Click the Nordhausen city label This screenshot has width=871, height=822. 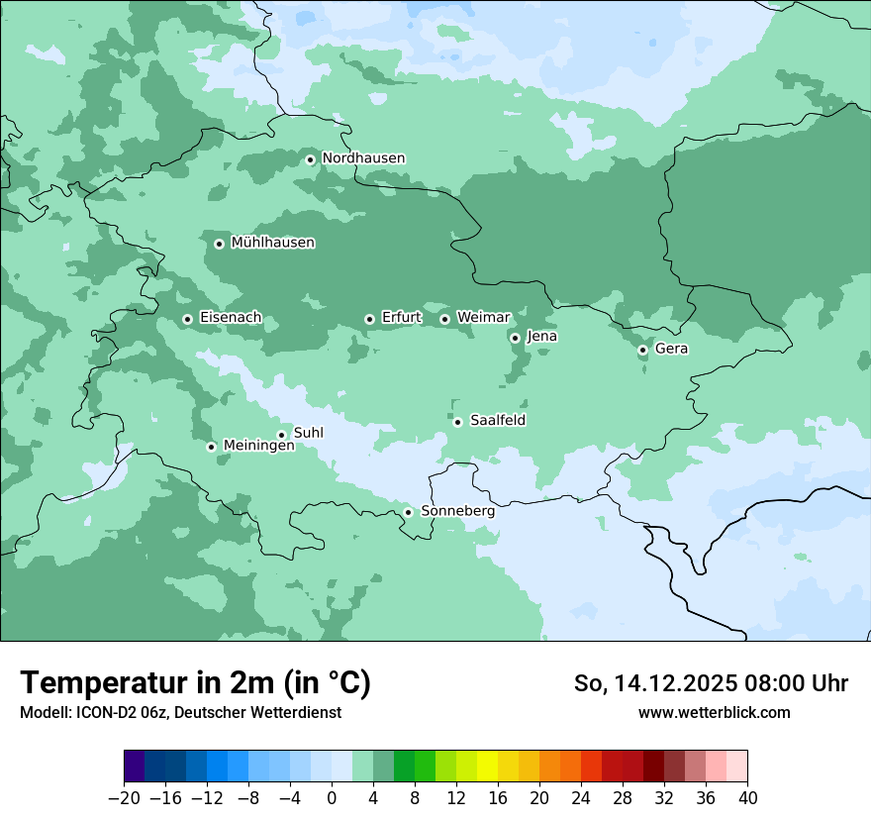(x=363, y=158)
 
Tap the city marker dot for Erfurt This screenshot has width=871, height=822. (x=369, y=319)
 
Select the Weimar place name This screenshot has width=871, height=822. (x=483, y=317)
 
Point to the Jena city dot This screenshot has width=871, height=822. (x=515, y=338)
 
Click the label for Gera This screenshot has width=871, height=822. (x=671, y=349)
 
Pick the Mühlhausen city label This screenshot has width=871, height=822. (x=272, y=243)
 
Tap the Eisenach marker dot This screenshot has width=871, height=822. (x=187, y=319)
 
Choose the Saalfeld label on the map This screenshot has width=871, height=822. (x=497, y=421)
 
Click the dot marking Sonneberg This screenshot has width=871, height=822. (x=408, y=512)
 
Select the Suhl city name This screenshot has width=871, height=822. (x=308, y=433)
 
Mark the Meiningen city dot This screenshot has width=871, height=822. (x=211, y=447)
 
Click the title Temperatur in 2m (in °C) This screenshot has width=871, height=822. (x=195, y=682)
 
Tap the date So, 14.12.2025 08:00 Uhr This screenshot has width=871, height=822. (x=711, y=683)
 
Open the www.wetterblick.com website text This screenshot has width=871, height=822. (x=714, y=712)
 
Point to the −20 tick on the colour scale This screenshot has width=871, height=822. (x=124, y=798)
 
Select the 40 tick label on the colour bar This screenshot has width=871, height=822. (x=747, y=798)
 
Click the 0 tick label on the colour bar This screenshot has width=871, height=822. (x=332, y=798)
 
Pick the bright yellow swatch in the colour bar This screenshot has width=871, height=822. (x=487, y=767)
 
